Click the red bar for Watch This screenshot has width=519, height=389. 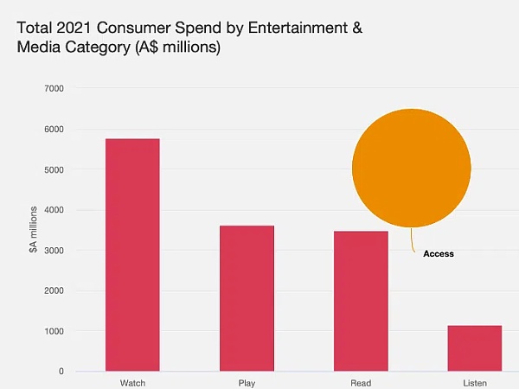[132, 255]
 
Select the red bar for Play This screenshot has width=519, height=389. [247, 298]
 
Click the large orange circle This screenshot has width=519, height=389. [412, 168]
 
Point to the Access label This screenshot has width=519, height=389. [439, 254]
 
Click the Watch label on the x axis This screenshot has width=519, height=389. [132, 382]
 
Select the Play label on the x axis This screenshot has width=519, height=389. [247, 382]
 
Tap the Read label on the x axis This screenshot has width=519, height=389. [361, 382]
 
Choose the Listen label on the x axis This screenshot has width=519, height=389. [474, 382]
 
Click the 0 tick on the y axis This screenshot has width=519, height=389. [61, 372]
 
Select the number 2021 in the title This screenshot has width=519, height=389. [74, 28]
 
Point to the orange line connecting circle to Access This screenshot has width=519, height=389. [413, 239]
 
